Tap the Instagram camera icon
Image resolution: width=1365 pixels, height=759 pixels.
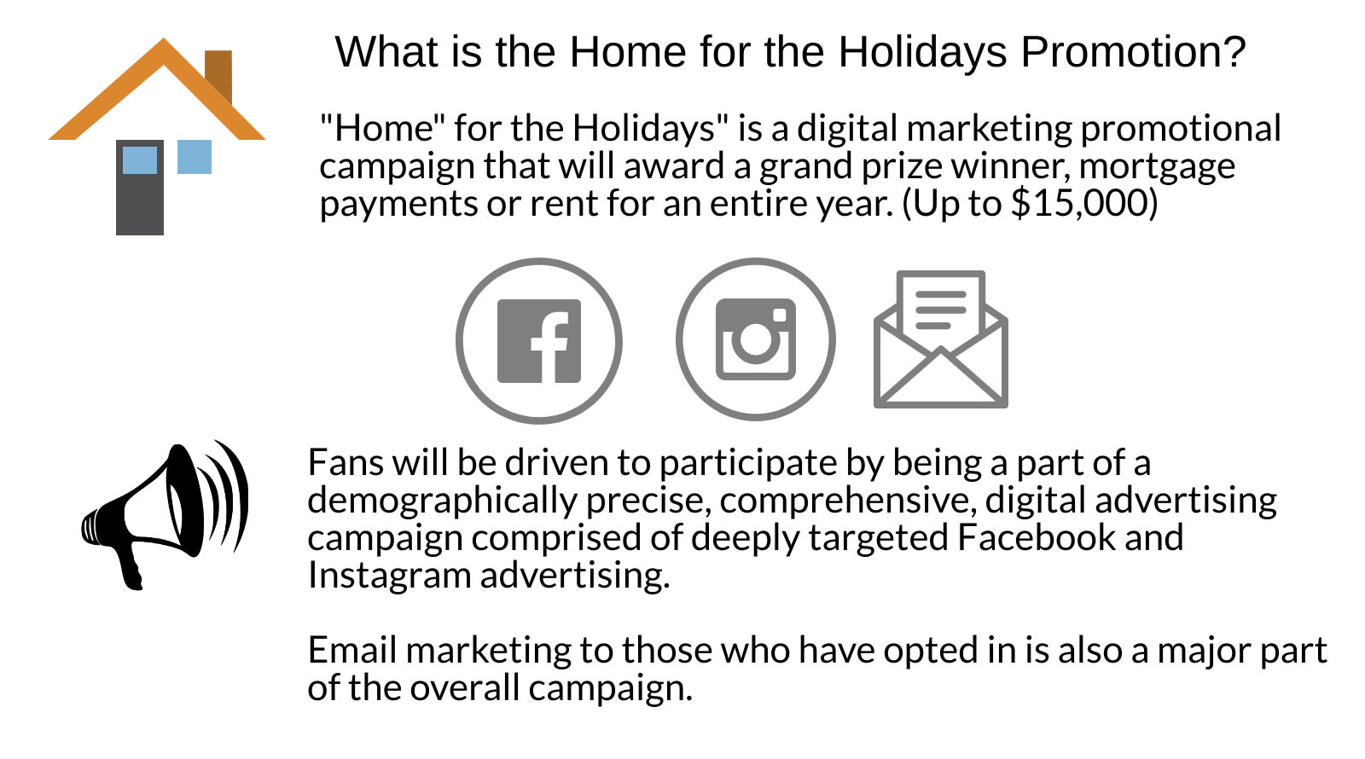click(x=756, y=339)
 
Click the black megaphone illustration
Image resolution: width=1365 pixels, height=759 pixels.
click(x=165, y=515)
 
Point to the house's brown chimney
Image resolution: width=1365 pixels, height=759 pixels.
click(x=218, y=74)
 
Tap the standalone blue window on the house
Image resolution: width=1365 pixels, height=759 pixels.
click(x=195, y=157)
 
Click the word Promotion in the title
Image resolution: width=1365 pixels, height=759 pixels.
click(x=1134, y=52)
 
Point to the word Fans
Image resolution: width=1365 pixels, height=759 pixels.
click(x=346, y=462)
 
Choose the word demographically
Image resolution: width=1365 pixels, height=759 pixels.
click(x=442, y=501)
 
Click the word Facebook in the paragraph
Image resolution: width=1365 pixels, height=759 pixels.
click(x=1036, y=537)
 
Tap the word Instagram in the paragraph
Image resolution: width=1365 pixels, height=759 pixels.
click(x=389, y=576)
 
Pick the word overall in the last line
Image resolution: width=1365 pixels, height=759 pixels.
click(x=463, y=687)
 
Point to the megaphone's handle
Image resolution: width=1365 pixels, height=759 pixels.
click(x=131, y=566)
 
